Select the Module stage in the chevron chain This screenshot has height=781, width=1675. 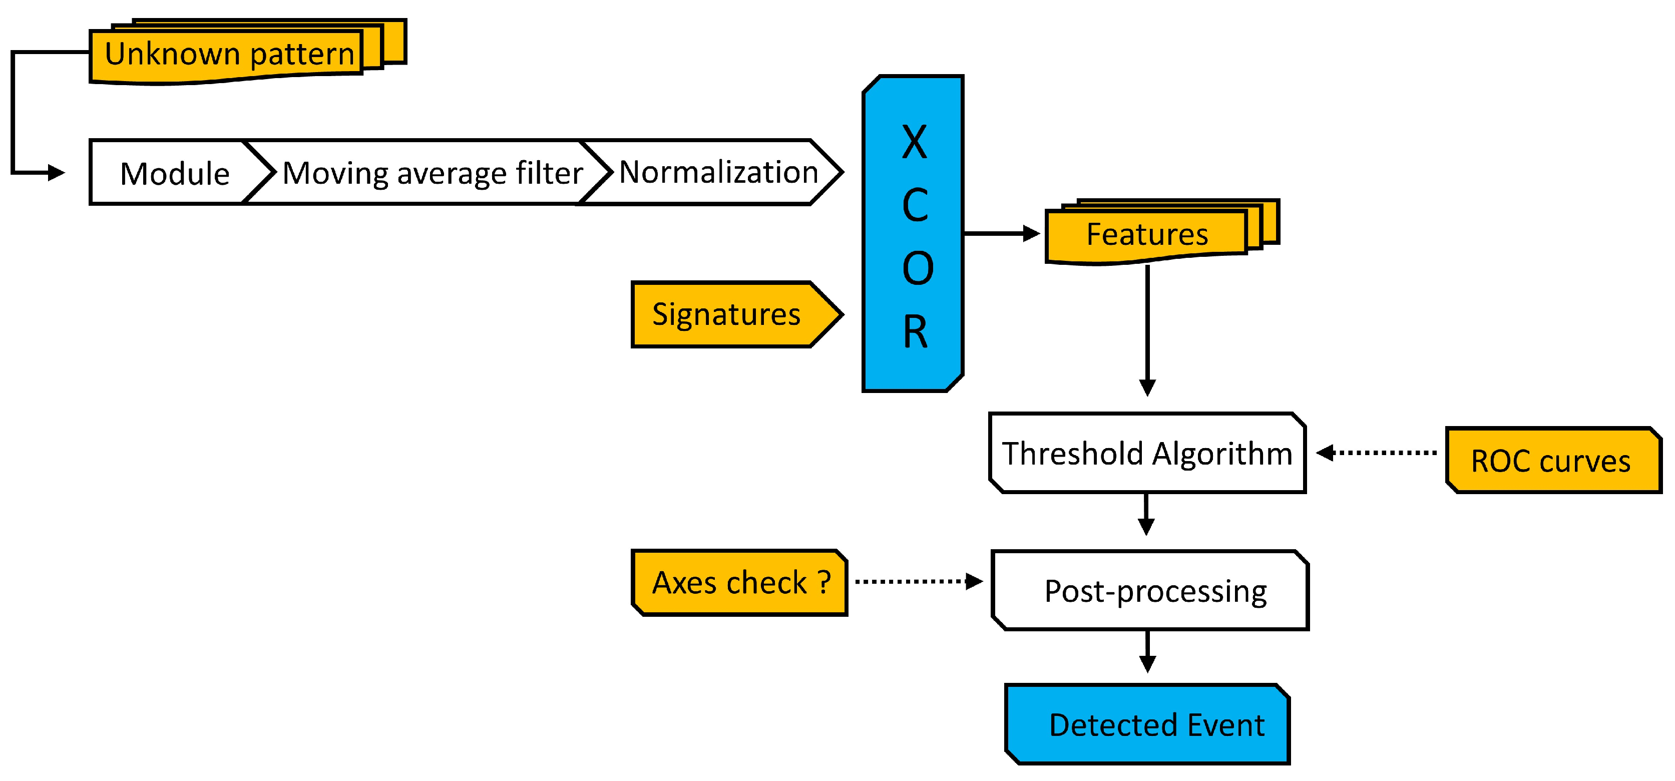tap(174, 174)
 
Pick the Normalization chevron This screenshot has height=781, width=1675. tap(718, 172)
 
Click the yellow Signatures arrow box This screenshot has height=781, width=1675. tap(727, 315)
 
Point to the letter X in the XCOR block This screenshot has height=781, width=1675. tap(915, 143)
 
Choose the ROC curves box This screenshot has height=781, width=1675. tap(1551, 461)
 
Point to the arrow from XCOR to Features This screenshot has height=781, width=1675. tap(1001, 233)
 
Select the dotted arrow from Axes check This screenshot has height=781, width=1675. tap(917, 581)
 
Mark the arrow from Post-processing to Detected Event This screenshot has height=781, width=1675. tap(1148, 651)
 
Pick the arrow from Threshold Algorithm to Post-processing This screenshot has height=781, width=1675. tap(1146, 514)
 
